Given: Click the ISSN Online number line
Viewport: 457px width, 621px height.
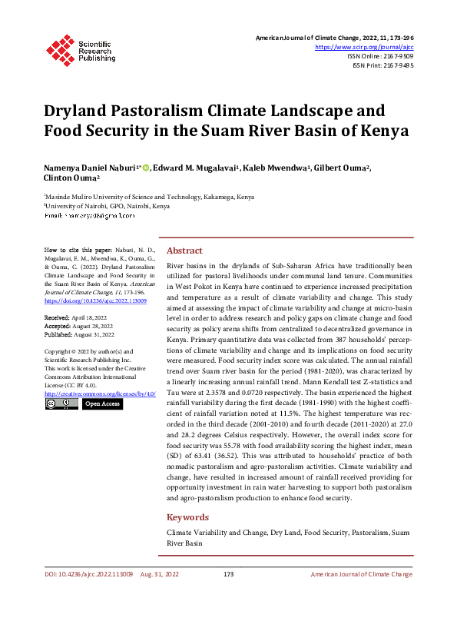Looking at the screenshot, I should (381, 56).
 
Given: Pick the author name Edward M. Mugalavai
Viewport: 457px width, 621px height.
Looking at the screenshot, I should (195, 168).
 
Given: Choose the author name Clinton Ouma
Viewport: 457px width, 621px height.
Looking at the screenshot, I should (71, 179).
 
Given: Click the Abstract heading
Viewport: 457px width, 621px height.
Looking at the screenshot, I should (184, 251).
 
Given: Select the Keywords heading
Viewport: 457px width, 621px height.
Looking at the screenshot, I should (187, 517).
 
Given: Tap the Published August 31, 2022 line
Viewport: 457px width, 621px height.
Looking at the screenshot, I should (80, 335).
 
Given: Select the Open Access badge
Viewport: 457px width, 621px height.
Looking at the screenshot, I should (101, 403).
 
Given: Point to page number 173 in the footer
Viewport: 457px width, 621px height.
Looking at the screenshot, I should (228, 574).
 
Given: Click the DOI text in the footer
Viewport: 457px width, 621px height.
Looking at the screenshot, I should (89, 574).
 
